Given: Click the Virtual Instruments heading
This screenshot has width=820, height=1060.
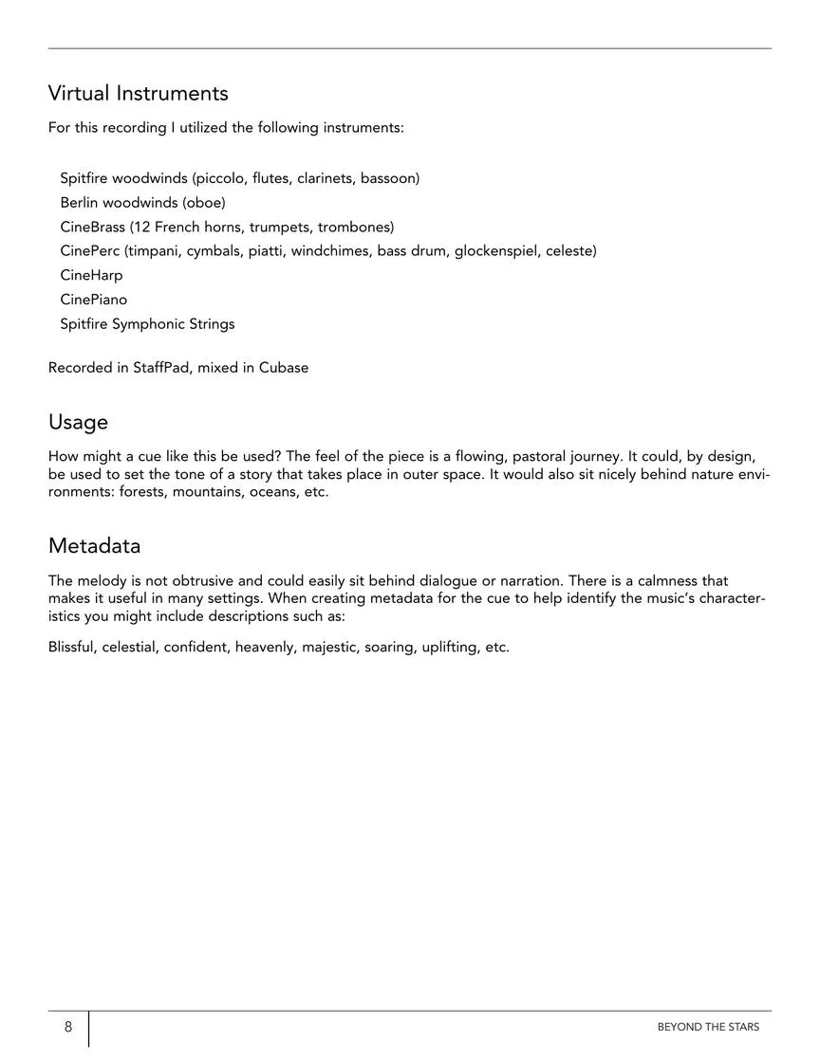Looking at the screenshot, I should [x=139, y=93].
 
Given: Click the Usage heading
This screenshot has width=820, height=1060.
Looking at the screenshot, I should [x=78, y=422].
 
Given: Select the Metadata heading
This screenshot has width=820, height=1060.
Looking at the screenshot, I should [x=94, y=546].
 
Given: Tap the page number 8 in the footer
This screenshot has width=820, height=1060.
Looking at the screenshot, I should [x=68, y=1027].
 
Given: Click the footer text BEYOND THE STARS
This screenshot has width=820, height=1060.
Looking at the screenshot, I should [x=708, y=1027].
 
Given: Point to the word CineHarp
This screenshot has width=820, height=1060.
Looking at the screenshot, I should [x=91, y=275].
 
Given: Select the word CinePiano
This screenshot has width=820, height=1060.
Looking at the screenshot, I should [x=93, y=300].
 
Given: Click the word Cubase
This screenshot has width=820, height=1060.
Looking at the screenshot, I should [x=284, y=368].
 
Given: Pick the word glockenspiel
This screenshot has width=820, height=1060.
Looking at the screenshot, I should [x=496, y=251].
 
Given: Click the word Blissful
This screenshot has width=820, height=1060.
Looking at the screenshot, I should [x=71, y=648].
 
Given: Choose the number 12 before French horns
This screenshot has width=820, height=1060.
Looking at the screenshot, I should [x=138, y=227].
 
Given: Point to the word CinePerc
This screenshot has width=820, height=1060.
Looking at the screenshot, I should [x=89, y=251].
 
